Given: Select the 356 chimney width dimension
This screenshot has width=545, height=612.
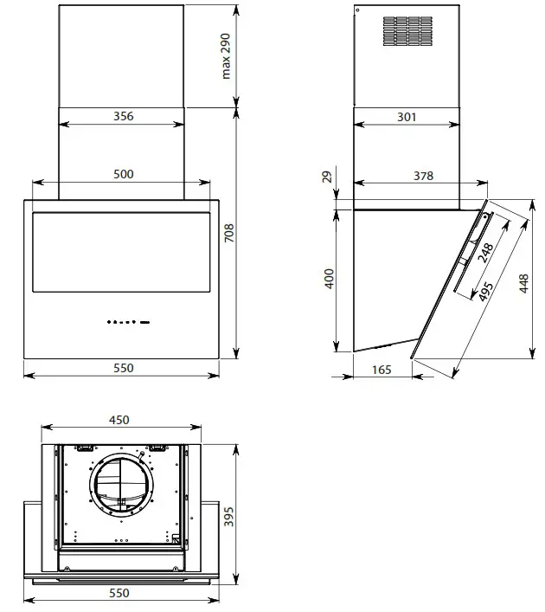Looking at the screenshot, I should point(124,117).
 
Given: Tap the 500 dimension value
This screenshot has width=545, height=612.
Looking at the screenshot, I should point(124,174).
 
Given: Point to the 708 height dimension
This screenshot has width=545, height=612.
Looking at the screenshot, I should point(228,233).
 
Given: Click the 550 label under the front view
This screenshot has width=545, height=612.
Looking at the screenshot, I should point(124,368).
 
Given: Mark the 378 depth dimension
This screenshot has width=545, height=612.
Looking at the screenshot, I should point(423,176).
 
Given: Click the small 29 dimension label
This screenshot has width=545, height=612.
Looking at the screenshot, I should point(326,177).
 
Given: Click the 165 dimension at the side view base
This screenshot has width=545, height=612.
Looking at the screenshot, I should point(381,370).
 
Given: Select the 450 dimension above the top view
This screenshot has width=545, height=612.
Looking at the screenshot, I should point(119,420).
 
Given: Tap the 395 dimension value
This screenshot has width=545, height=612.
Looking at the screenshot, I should point(228,516).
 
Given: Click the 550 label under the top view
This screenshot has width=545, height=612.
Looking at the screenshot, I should point(119,593).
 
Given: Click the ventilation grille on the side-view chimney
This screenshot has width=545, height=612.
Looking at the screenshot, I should point(407,31).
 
